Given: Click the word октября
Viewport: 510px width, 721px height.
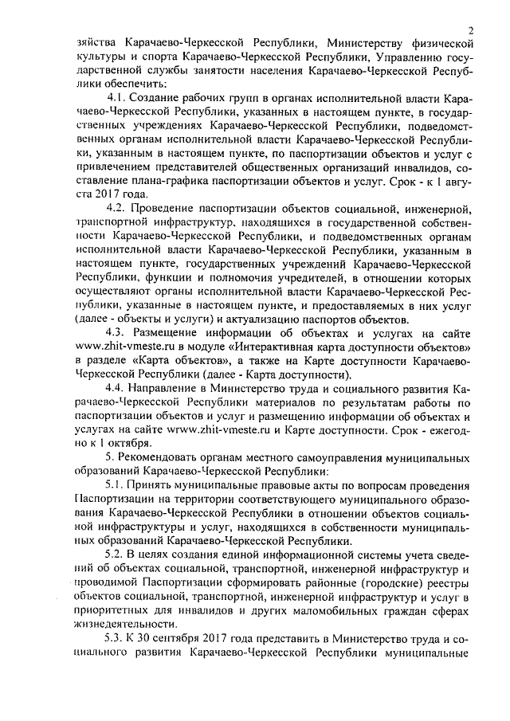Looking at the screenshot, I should tap(125, 443).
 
